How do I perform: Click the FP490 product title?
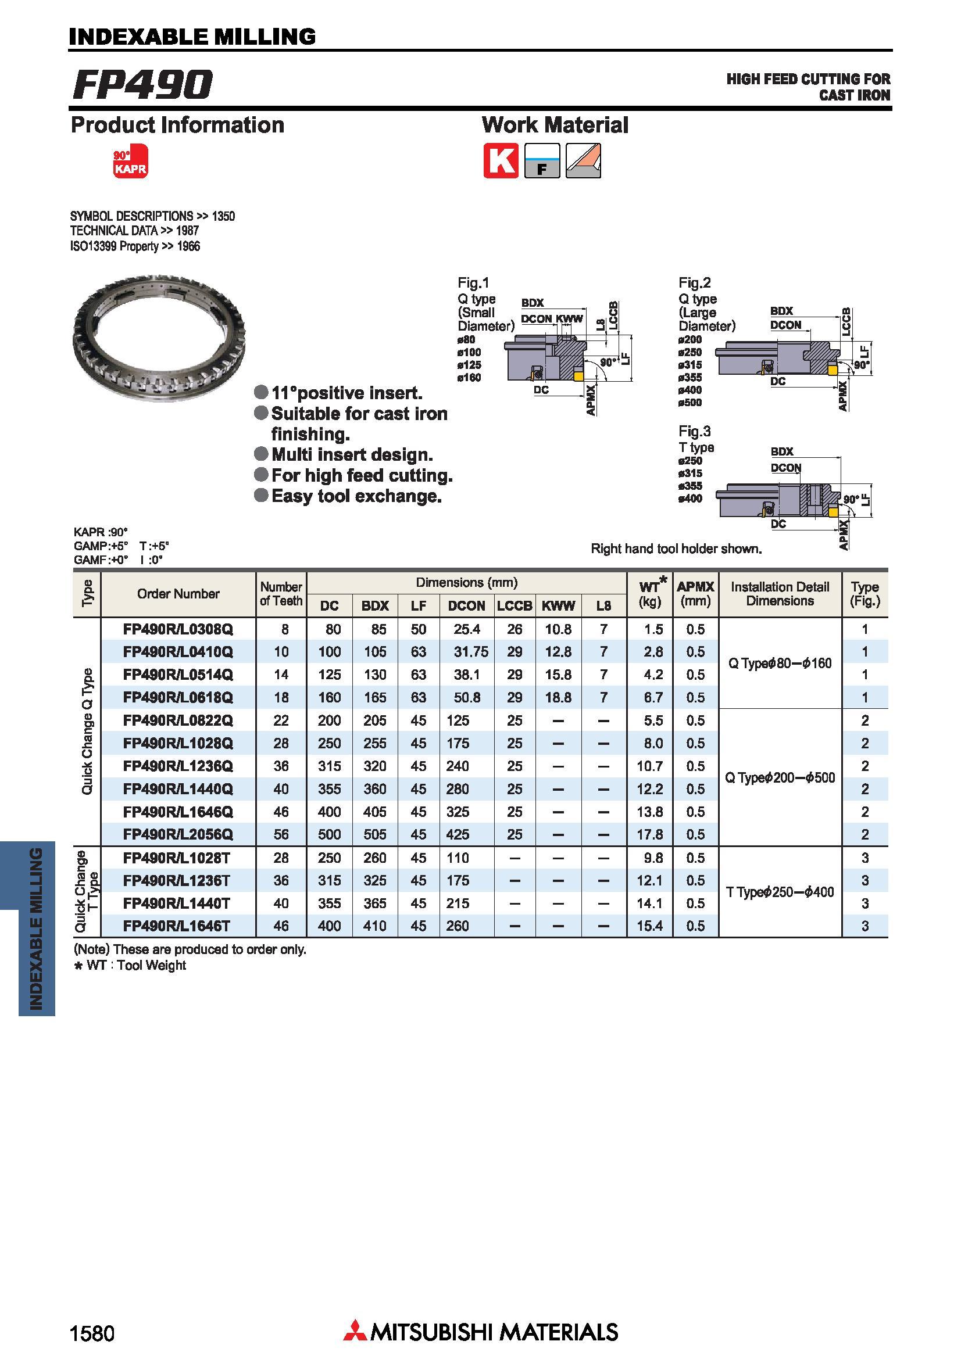[142, 84]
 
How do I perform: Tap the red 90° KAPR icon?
[130, 161]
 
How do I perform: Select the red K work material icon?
[501, 160]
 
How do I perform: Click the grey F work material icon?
[542, 160]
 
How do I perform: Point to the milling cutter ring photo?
[159, 338]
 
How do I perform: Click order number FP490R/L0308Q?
[178, 629]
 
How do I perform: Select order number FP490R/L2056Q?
[178, 834]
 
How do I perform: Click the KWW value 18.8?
[558, 697]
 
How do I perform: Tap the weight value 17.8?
[649, 834]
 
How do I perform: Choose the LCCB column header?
[514, 605]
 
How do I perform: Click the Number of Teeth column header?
[281, 594]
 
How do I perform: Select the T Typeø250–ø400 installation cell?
[780, 892]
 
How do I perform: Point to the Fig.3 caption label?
[695, 431]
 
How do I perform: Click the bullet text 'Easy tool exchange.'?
[356, 496]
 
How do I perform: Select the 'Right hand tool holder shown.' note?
[676, 548]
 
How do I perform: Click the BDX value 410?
[375, 926]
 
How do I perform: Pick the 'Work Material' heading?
[555, 125]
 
